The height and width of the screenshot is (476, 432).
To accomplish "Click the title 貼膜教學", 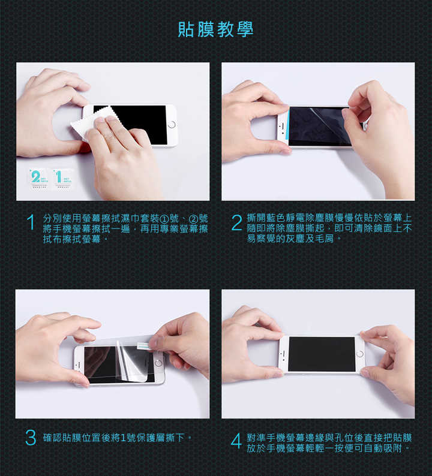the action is pyautogui.click(x=215, y=29).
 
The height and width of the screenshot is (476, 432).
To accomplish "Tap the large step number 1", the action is pyautogui.click(x=31, y=222).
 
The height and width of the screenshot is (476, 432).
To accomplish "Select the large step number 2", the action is pyautogui.click(x=236, y=222).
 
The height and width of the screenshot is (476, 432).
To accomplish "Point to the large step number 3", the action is pyautogui.click(x=31, y=438).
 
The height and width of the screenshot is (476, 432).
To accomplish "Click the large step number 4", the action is pyautogui.click(x=236, y=441).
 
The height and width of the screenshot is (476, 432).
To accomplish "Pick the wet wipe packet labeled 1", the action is pyautogui.click(x=62, y=179).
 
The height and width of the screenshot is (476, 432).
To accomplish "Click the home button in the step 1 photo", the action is pyautogui.click(x=172, y=125).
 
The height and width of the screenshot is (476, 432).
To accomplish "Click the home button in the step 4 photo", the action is pyautogui.click(x=359, y=354).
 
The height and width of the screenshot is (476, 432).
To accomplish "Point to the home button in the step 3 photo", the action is pyautogui.click(x=158, y=363).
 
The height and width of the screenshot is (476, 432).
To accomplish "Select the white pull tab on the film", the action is pyautogui.click(x=143, y=346).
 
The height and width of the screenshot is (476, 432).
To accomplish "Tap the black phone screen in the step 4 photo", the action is pyautogui.click(x=322, y=354).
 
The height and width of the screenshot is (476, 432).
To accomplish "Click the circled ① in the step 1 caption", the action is pyautogui.click(x=164, y=219).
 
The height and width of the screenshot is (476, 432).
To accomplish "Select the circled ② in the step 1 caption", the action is pyautogui.click(x=193, y=219).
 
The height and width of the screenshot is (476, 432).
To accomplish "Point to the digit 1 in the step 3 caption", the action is pyautogui.click(x=123, y=438).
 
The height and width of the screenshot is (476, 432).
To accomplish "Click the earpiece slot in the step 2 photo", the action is pyautogui.click(x=283, y=125).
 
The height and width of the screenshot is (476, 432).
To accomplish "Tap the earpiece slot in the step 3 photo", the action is pyautogui.click(x=79, y=364).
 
